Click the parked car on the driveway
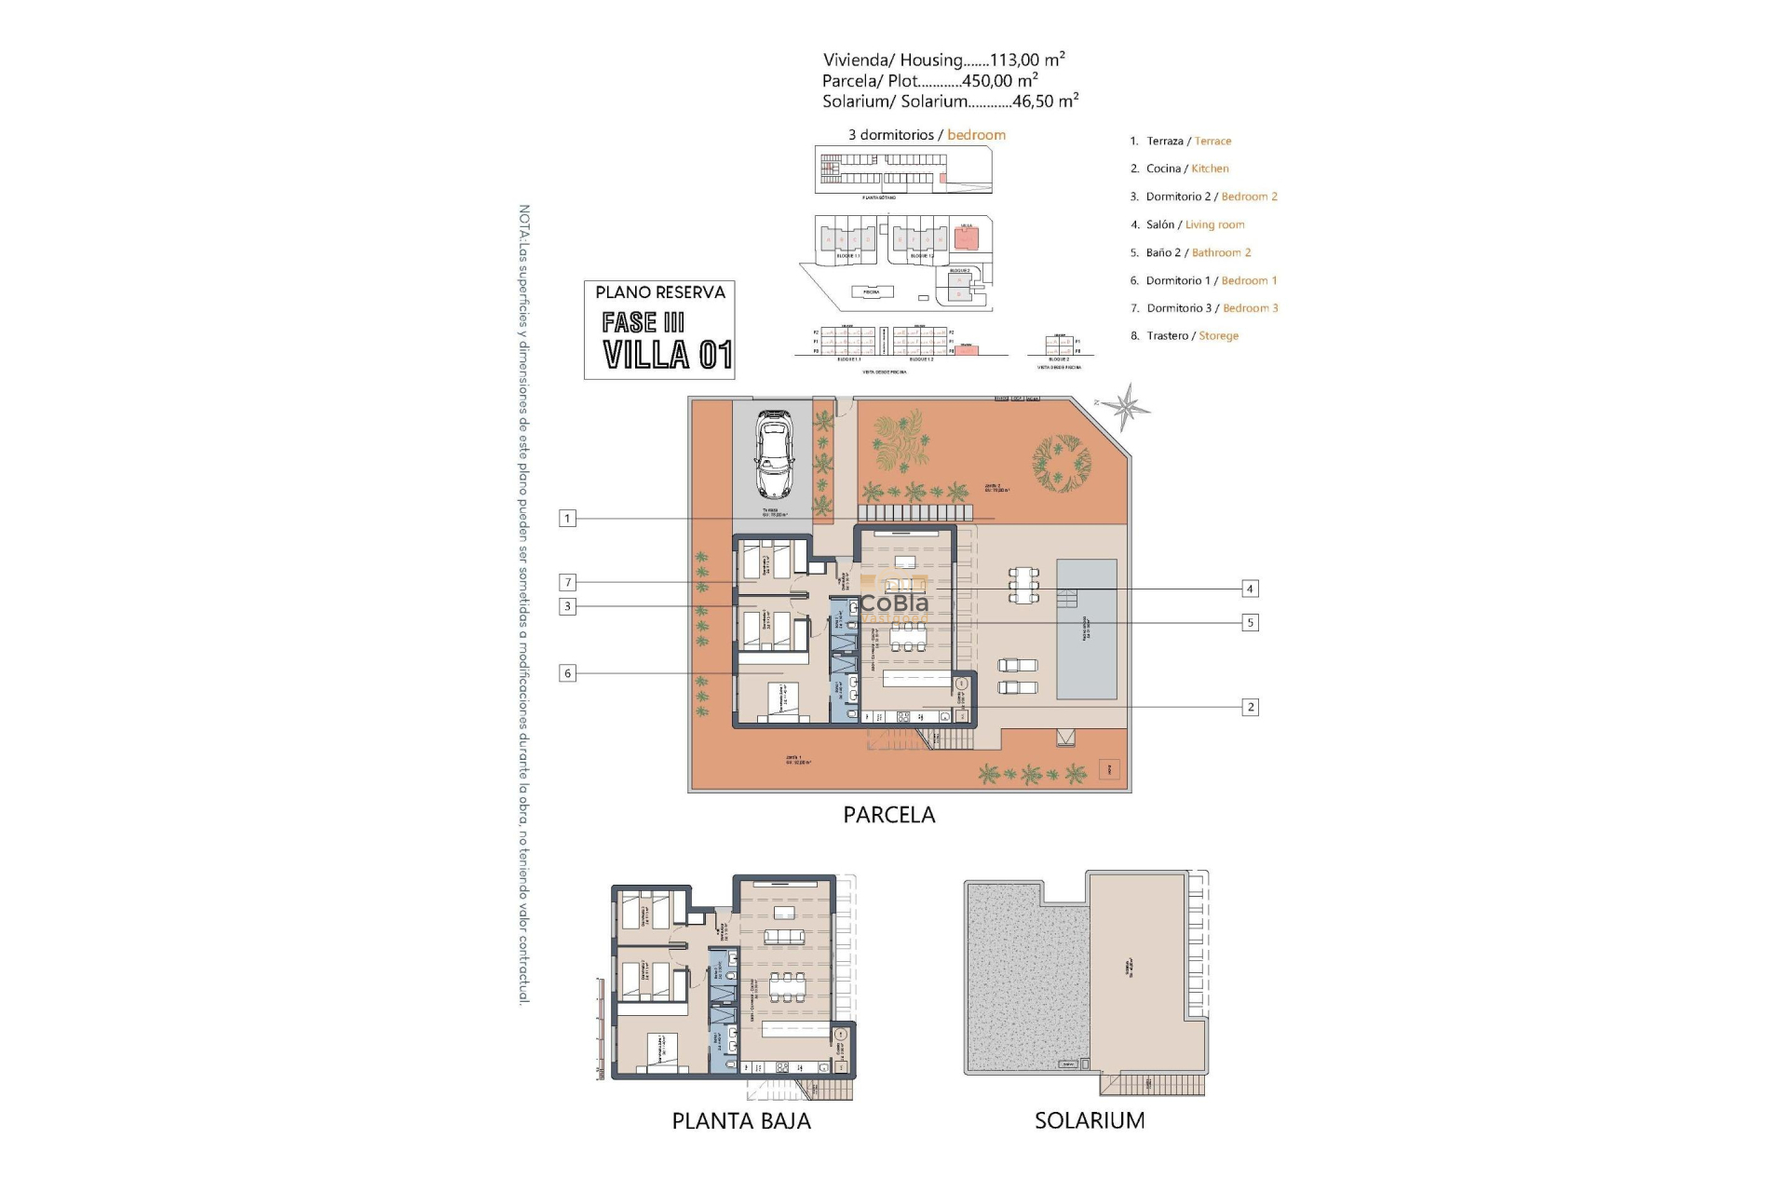tap(774, 454)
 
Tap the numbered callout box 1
tap(567, 518)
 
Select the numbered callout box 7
tap(567, 582)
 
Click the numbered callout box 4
tap(1250, 589)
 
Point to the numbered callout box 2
tap(1250, 707)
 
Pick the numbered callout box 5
tap(1250, 622)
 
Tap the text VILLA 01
tap(667, 355)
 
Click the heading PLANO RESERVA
tap(659, 292)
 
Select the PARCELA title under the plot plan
tap(888, 815)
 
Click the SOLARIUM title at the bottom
tap(1090, 1120)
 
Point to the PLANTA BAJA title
tap(741, 1121)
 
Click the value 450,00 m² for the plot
tap(999, 81)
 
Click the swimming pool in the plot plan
tap(1087, 629)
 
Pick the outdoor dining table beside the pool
tap(1023, 585)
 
